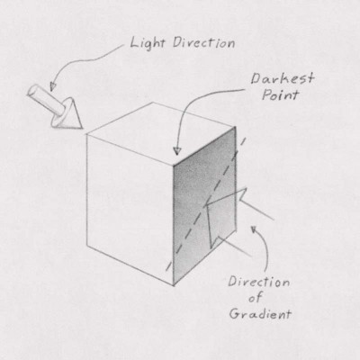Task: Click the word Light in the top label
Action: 148,43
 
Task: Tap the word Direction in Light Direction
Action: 203,43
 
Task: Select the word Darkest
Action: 283,79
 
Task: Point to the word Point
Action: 281,94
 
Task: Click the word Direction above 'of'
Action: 259,282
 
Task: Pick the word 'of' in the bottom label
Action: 256,298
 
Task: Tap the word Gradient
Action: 260,314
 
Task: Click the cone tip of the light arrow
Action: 82,128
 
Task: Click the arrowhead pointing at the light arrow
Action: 52,87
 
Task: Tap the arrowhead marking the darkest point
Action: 177,151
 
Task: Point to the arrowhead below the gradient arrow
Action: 254,229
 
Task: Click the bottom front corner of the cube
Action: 174,285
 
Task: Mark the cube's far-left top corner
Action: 86,134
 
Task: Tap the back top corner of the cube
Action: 153,103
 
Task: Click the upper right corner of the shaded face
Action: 235,127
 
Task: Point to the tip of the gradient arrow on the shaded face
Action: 205,206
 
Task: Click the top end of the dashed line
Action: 245,139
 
